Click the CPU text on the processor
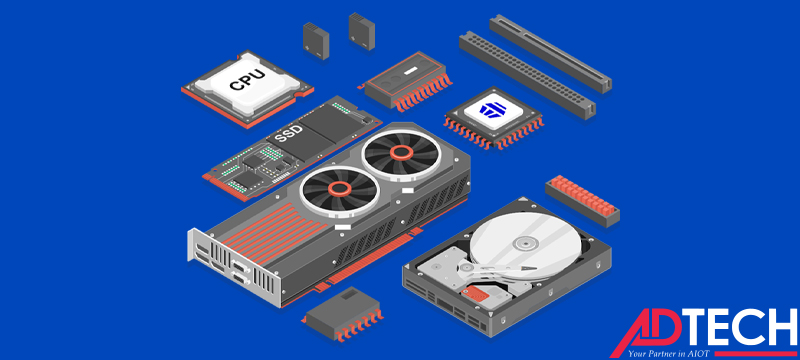coord(247,81)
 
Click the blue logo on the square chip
coord(492,110)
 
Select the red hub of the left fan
coord(339,189)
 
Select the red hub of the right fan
coord(402,151)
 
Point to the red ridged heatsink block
coord(582,201)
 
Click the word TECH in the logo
coord(740,326)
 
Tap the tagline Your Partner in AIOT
coord(668,353)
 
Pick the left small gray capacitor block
coord(316,40)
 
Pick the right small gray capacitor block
coord(362,31)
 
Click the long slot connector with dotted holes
coord(528,75)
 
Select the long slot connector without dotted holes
coord(551,53)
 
